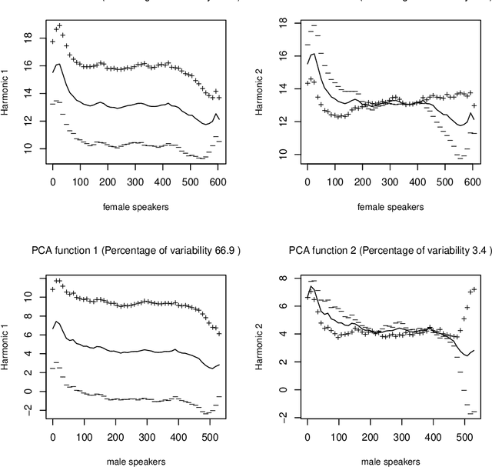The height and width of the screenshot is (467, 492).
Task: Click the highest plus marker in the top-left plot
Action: pyautogui.click(x=59, y=25)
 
